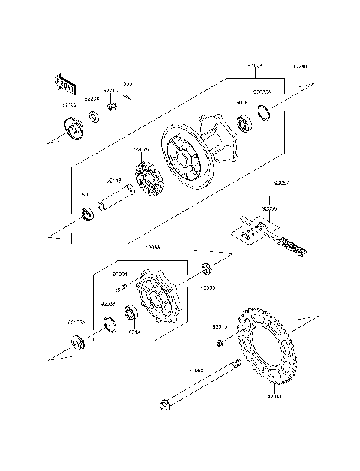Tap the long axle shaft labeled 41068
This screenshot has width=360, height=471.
[x=199, y=387]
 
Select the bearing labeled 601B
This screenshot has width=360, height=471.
[x=244, y=121]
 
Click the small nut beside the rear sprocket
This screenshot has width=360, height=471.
[x=218, y=343]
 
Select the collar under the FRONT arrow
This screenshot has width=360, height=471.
[x=75, y=132]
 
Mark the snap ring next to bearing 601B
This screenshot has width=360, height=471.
[x=263, y=113]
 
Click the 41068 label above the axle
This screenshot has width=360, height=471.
[x=196, y=370]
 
